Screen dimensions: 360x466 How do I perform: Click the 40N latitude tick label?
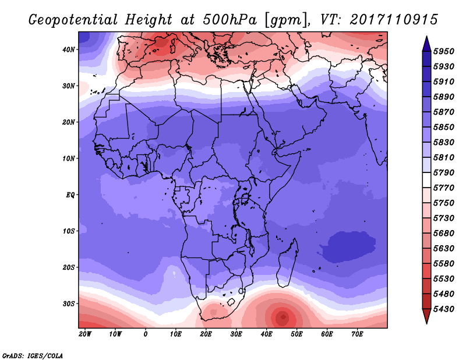pos(69,50)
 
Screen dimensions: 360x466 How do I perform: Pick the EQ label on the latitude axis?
pos(70,195)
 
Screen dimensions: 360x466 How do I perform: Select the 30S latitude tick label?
pos(69,303)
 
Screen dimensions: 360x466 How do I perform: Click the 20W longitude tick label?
pos(84,334)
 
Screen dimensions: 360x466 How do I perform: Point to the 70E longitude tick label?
pos(357,334)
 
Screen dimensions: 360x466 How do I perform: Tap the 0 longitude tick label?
pos(146,334)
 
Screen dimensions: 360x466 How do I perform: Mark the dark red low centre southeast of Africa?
pos(283,317)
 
